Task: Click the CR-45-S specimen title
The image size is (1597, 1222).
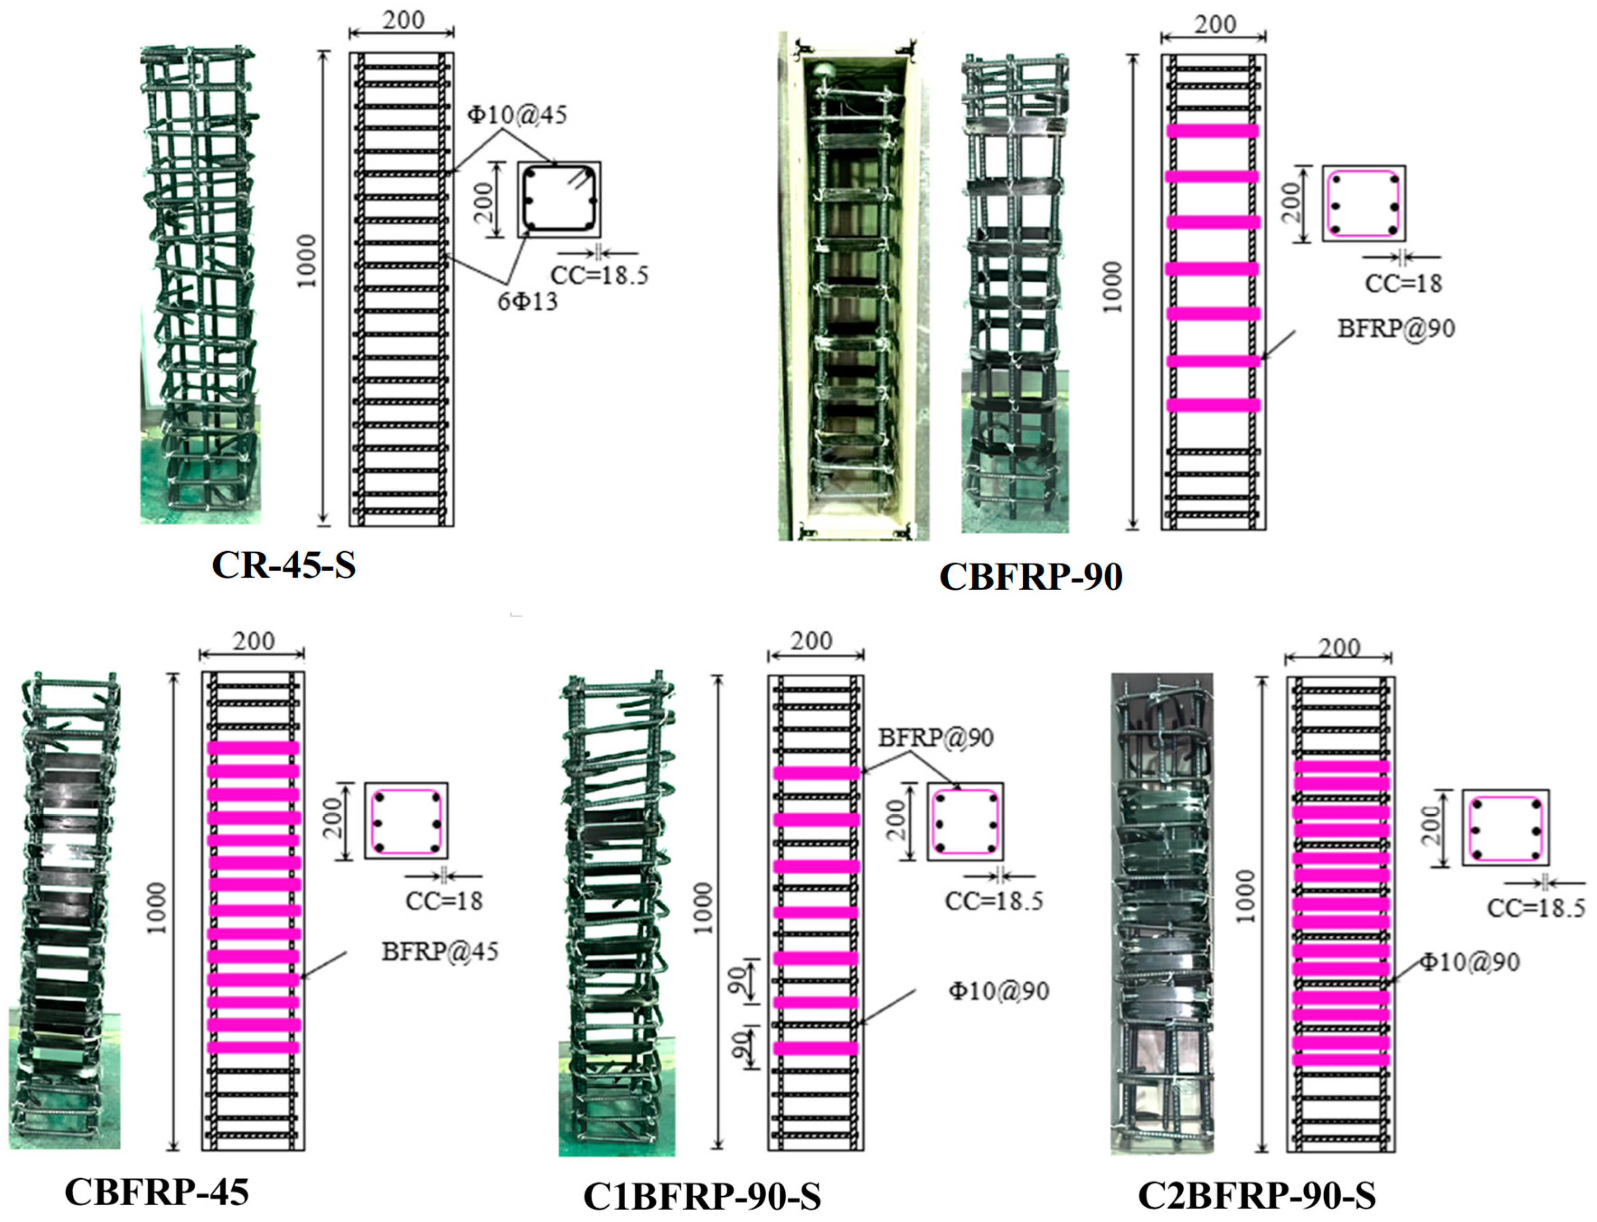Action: tap(284, 564)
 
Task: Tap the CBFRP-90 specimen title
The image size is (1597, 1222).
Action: tap(1031, 576)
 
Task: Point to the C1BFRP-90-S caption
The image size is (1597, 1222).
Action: tap(702, 1197)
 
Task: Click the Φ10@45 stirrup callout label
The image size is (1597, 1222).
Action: tap(516, 115)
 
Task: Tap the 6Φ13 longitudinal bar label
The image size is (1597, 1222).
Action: tap(528, 300)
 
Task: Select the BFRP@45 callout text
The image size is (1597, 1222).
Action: tap(440, 951)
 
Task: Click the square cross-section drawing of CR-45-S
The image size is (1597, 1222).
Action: tap(559, 199)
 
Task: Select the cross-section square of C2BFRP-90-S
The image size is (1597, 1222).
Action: tap(1505, 828)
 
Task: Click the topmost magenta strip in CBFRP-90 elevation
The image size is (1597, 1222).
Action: tap(1212, 131)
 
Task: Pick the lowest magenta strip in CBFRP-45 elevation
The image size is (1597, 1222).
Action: tap(253, 1047)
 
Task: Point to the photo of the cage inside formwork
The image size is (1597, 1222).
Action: tap(853, 286)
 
